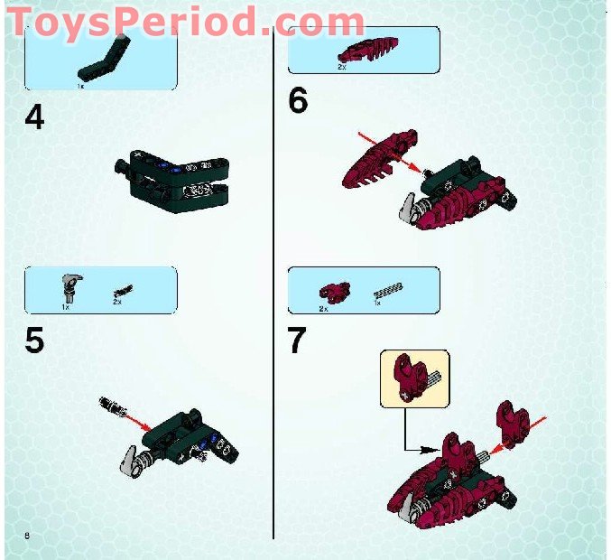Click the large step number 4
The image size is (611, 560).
(34, 117)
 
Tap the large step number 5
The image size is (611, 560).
(34, 341)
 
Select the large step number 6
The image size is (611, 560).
(298, 100)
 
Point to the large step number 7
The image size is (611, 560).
(297, 341)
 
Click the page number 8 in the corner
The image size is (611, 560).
(28, 537)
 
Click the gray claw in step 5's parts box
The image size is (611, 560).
(69, 288)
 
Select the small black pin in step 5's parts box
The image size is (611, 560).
(122, 291)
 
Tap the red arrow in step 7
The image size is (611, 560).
(534, 424)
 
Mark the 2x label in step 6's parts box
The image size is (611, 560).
(341, 66)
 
